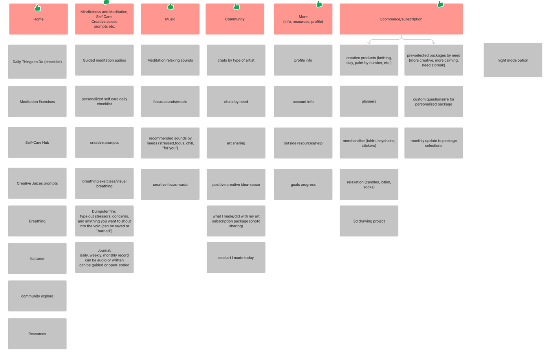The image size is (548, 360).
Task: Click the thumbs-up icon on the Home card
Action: [38, 8]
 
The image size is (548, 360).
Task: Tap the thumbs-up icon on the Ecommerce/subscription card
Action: [440, 4]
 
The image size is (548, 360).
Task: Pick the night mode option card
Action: [513, 60]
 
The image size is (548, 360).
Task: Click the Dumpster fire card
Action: [104, 221]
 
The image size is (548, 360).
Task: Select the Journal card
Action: [104, 258]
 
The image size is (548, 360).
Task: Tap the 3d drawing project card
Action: [369, 221]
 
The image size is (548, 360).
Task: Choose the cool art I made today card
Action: [236, 258]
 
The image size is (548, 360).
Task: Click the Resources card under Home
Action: [37, 334]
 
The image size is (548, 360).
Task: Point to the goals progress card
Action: [303, 185]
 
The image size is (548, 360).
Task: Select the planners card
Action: [369, 101]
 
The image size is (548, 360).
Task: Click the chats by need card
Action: [236, 102]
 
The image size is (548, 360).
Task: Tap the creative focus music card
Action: [170, 185]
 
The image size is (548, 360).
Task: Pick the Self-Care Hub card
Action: [37, 143]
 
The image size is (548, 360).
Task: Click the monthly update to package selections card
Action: [433, 143]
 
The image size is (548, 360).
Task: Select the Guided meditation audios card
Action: [104, 60]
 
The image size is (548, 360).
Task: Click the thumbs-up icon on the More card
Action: [319, 4]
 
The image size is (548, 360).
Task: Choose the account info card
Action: [303, 102]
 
